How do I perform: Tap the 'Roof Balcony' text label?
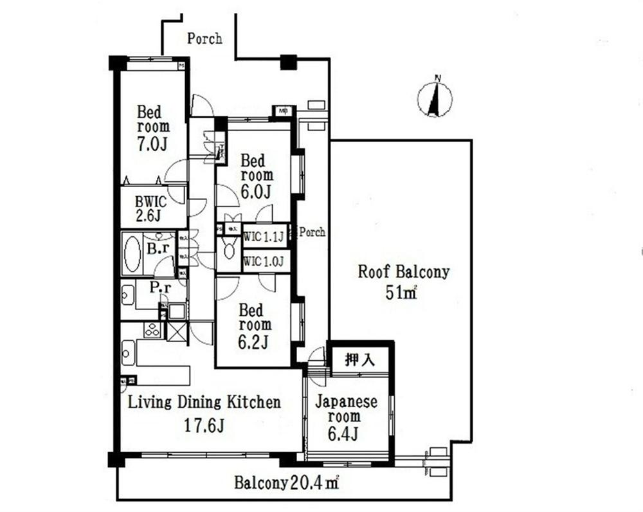point(403,271)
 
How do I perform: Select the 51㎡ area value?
point(403,293)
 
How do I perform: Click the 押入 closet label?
point(359,360)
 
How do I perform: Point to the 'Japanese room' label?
point(346,409)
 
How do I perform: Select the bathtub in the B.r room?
point(132,253)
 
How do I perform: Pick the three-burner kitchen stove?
point(152,330)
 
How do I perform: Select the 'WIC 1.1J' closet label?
point(264,237)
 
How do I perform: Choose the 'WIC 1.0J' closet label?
point(264,262)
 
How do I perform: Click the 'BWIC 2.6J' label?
point(150,208)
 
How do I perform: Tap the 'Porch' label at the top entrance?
point(204,39)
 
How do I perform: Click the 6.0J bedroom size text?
point(256,191)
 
